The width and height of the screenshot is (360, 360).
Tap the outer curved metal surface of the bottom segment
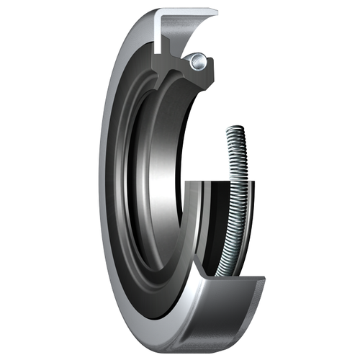[x=216, y=317]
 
